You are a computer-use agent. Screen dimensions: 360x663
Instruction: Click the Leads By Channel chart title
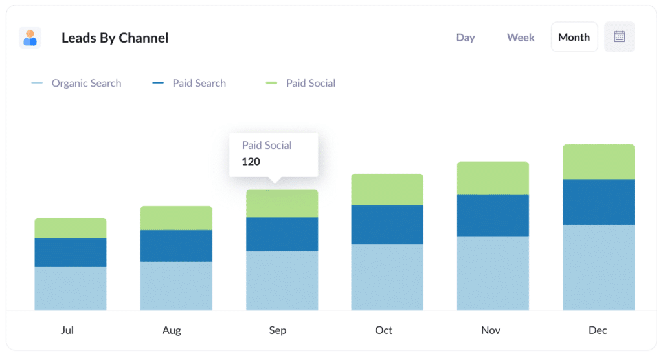(115, 38)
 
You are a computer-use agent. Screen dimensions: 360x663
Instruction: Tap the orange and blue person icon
(30, 38)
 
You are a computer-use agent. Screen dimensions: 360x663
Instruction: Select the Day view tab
(466, 38)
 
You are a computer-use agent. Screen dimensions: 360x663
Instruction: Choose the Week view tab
(521, 38)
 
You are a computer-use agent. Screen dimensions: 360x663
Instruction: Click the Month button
(574, 38)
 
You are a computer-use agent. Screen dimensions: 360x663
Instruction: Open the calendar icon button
(619, 37)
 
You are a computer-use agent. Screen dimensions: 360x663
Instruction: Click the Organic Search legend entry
(85, 83)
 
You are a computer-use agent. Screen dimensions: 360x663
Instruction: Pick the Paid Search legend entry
(199, 83)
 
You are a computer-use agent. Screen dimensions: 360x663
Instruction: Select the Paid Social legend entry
(310, 83)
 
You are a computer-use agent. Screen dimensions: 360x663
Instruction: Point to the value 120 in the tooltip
(251, 162)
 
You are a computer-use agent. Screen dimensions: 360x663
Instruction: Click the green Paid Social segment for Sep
(282, 203)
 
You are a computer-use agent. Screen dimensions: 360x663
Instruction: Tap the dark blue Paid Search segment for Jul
(70, 253)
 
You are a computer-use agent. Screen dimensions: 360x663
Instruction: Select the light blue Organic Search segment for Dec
(598, 267)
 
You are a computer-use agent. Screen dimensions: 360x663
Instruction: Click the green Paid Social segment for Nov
(493, 178)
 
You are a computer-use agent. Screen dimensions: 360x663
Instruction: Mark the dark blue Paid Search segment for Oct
(387, 225)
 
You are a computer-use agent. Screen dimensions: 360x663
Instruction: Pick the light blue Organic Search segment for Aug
(176, 286)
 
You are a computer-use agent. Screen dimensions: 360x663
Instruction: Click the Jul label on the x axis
(67, 330)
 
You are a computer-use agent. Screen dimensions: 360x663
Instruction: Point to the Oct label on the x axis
(383, 330)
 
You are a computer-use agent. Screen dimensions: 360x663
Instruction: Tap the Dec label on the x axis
(598, 330)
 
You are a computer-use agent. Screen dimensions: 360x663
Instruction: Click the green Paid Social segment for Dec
(598, 162)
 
